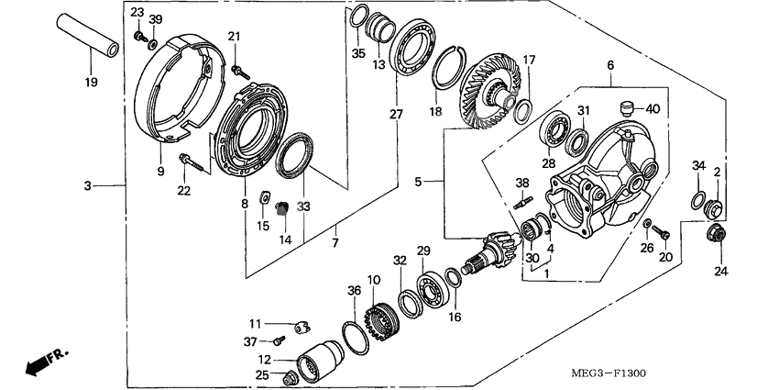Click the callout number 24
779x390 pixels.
click(719, 271)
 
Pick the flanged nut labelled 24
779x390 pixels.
click(718, 234)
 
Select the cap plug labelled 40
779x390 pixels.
click(629, 106)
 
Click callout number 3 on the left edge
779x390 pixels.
click(88, 186)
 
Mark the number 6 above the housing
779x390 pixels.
click(611, 65)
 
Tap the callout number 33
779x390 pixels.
click(303, 206)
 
